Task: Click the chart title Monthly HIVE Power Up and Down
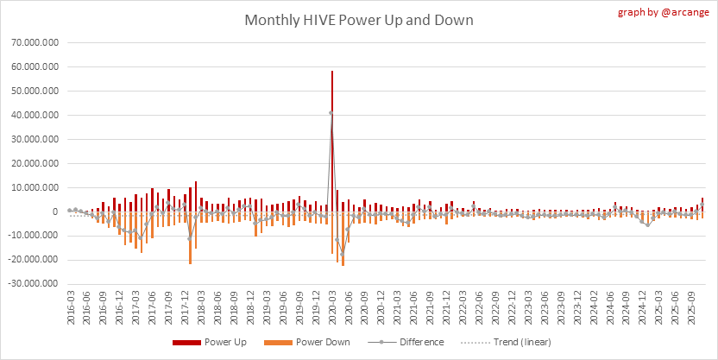pos(358,20)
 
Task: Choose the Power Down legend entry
pos(314,342)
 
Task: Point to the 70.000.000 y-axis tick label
pos(32,41)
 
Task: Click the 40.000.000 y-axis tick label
pos(32,115)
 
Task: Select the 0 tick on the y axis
pos(55,212)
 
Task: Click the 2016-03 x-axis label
pos(70,308)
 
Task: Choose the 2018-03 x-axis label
pos(201,308)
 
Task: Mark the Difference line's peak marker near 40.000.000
pos(331,113)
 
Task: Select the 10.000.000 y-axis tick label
pos(32,187)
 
